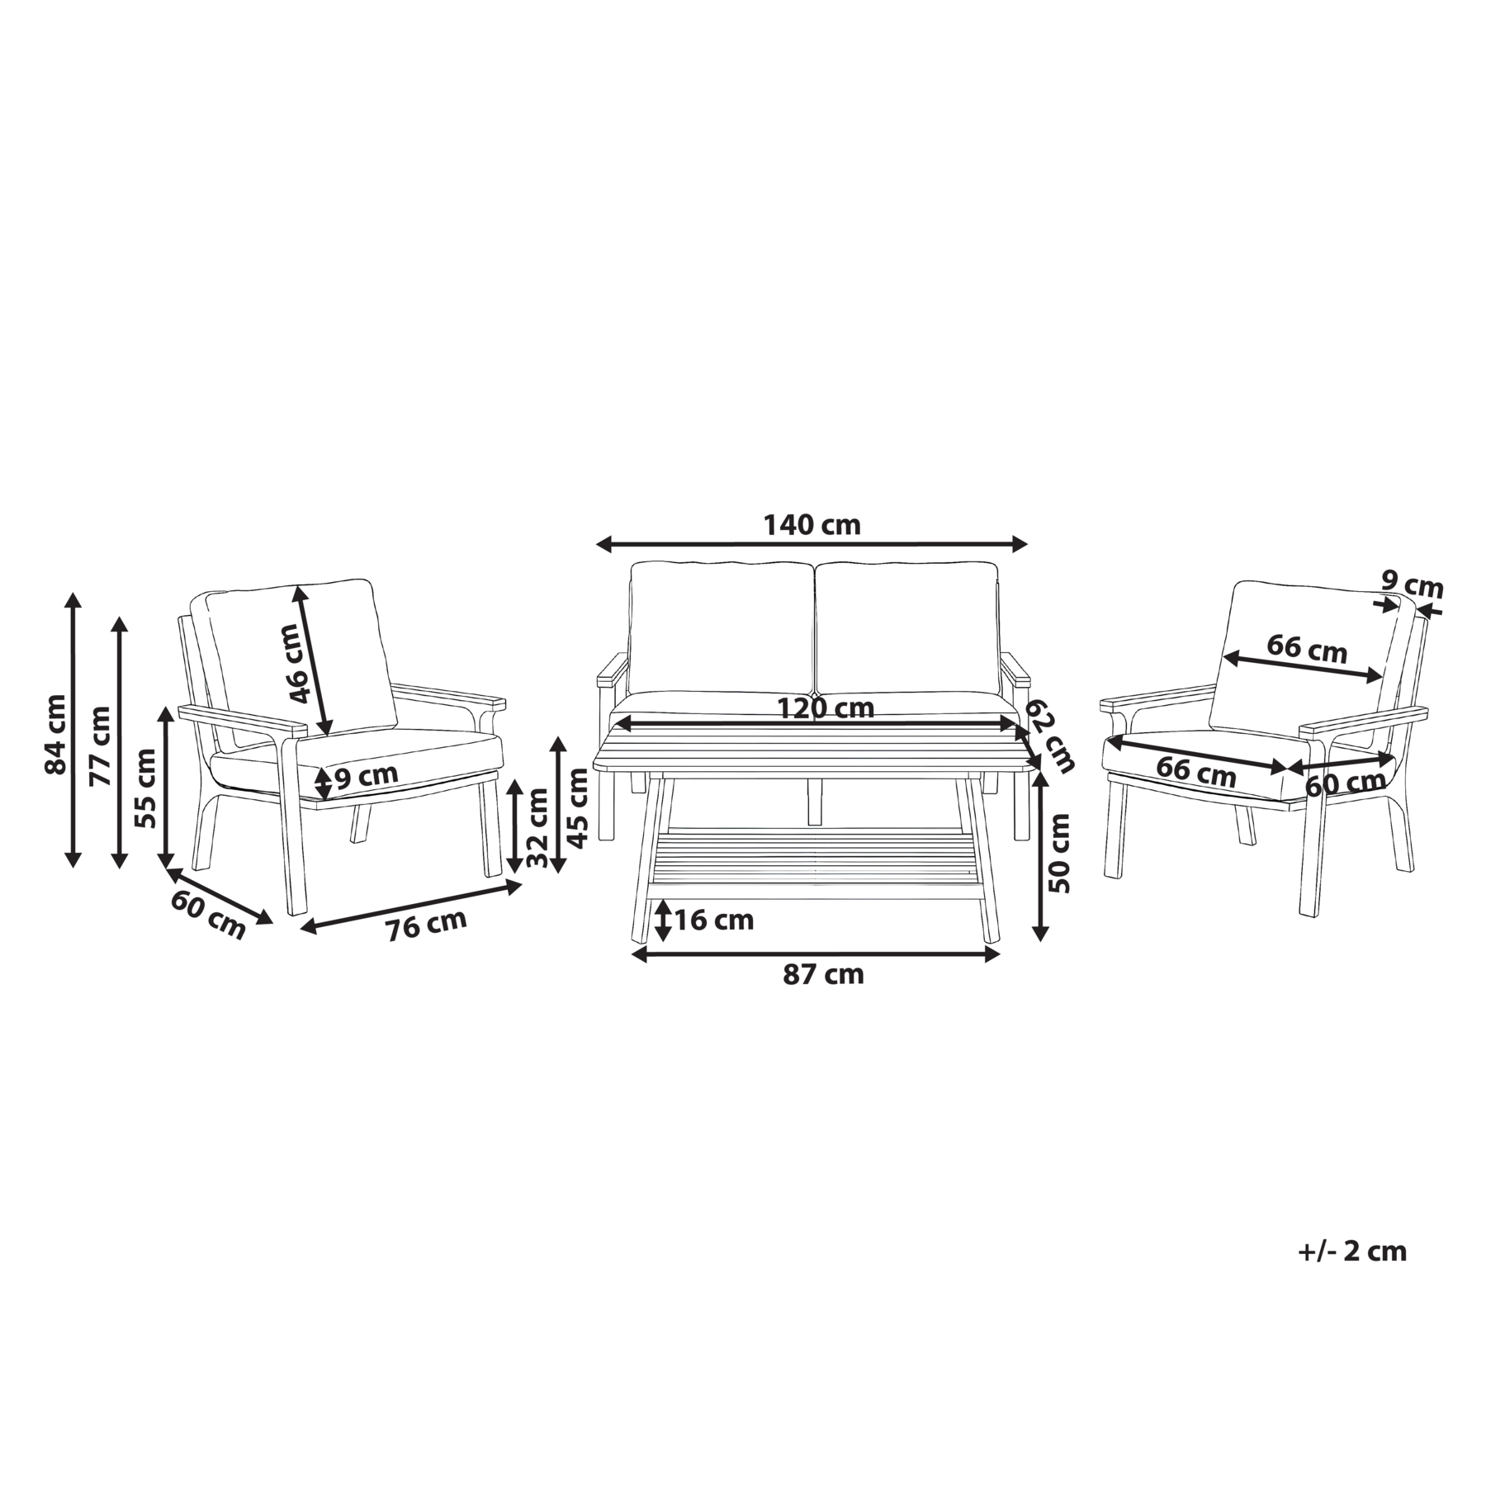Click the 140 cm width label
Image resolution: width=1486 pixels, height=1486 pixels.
tap(811, 525)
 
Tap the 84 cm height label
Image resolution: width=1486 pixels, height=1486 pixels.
tap(55, 734)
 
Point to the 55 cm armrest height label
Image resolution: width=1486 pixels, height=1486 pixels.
tap(145, 788)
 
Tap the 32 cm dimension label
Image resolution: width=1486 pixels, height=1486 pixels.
tap(537, 826)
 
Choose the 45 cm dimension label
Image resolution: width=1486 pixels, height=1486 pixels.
tap(579, 807)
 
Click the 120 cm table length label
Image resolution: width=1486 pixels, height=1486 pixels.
tap(826, 708)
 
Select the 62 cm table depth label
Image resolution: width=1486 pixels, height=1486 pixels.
tap(1050, 736)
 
